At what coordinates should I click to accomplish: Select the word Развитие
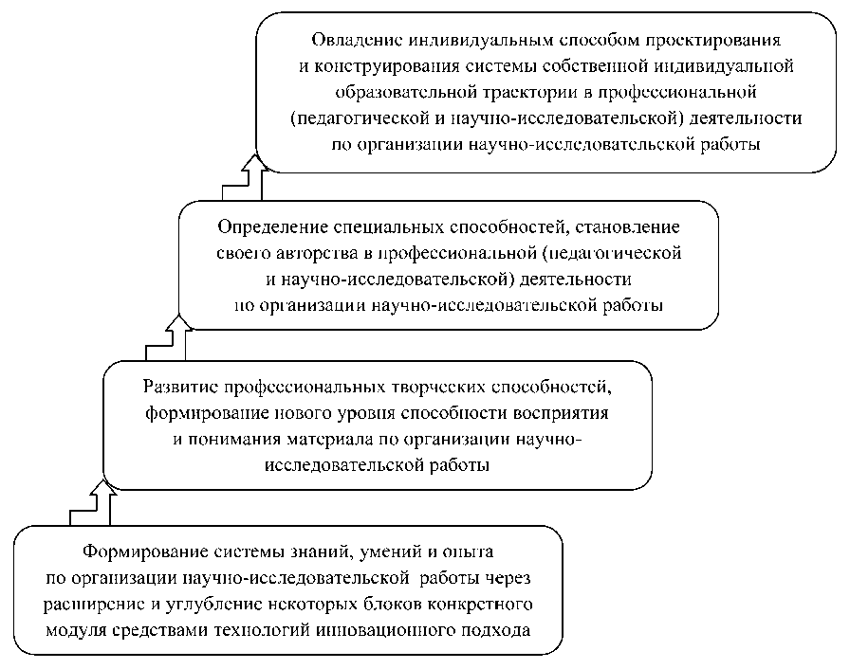[179, 389]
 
